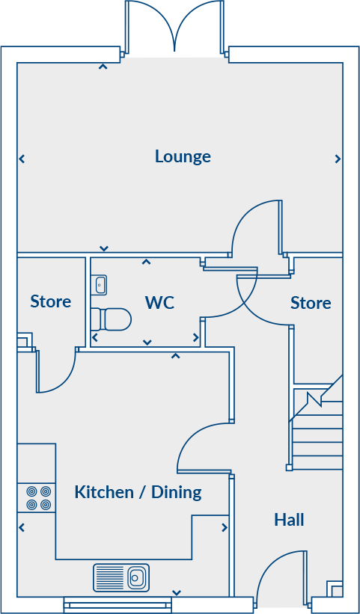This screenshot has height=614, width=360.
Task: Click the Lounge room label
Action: [x=183, y=156]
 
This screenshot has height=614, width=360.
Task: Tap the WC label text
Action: [x=159, y=302]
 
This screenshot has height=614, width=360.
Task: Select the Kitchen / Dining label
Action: [x=138, y=492]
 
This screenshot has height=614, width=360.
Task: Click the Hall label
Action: [x=289, y=519]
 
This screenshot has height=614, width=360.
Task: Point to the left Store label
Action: [x=51, y=301]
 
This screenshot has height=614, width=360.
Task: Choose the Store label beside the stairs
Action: [x=311, y=303]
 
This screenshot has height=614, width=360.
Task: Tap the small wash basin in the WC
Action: [x=100, y=285]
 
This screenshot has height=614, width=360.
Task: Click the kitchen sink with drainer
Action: [x=120, y=577]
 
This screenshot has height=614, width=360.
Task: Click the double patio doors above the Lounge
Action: [x=174, y=27]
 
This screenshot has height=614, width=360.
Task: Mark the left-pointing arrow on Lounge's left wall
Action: [x=22, y=159]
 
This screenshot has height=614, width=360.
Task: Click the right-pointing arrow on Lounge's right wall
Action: [x=338, y=159]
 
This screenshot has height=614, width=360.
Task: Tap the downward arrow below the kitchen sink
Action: [x=176, y=592]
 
